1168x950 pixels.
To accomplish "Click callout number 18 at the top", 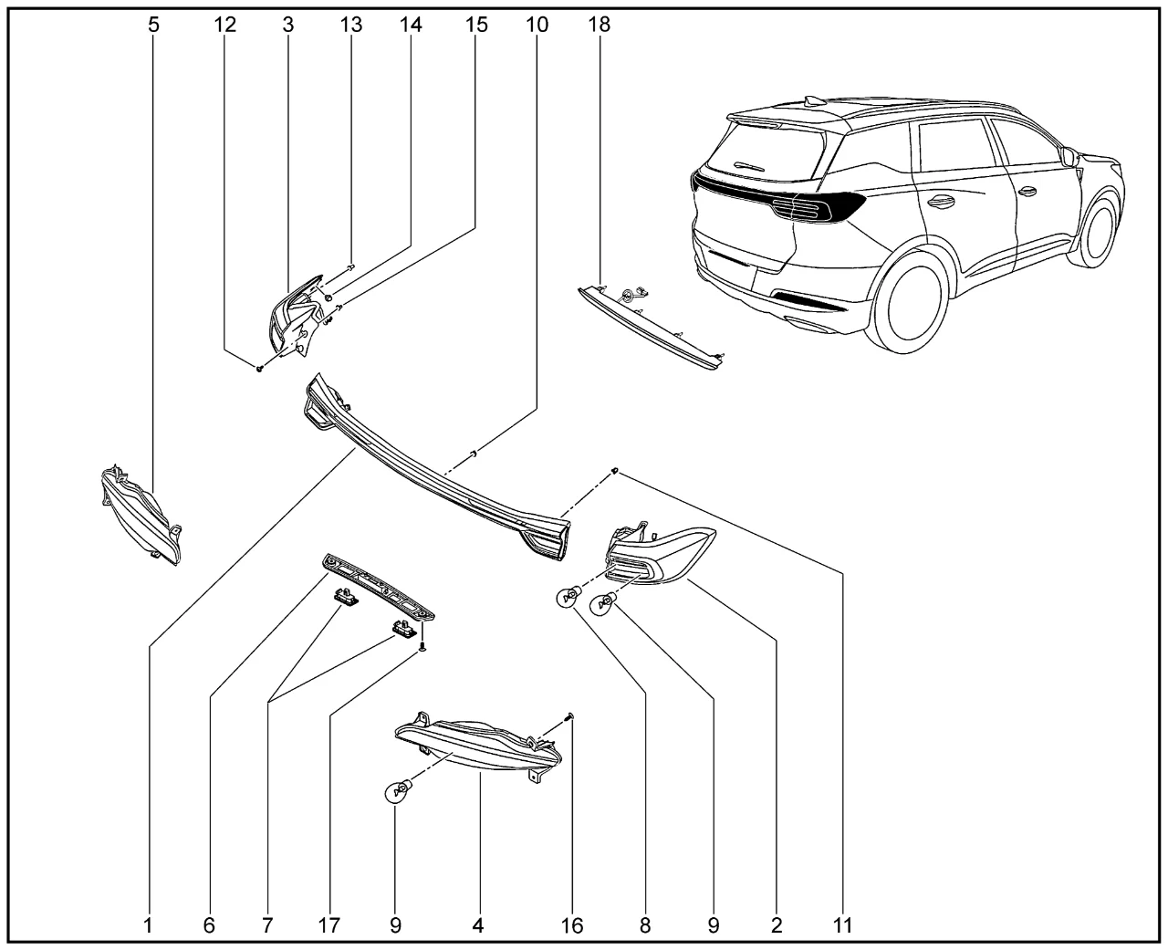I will click(600, 25).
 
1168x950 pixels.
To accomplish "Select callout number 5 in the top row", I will click(153, 25).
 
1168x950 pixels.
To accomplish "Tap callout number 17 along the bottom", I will click(329, 925).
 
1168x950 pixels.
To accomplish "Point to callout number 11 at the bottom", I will click(842, 925).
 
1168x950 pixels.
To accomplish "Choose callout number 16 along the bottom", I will click(571, 925).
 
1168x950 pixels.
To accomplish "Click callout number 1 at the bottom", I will click(148, 925).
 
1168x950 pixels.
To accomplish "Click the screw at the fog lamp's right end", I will click(569, 718).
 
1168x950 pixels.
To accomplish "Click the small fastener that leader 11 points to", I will click(615, 470).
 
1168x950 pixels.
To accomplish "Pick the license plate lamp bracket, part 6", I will click(379, 589).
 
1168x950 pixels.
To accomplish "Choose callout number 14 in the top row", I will click(411, 25).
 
